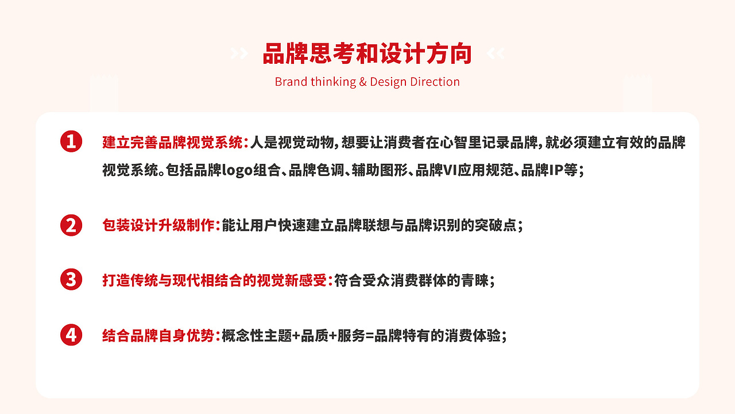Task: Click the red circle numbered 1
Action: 71,141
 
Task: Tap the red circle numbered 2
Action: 71,225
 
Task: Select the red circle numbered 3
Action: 71,280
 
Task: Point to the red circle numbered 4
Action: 71,335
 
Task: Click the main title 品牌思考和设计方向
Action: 367,53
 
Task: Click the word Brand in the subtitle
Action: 291,82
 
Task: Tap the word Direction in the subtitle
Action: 435,82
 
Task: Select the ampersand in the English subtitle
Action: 362,82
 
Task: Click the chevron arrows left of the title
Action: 239,54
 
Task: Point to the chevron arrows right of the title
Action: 496,54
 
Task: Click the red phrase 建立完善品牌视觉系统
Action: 172,142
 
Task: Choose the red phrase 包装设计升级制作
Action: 158,225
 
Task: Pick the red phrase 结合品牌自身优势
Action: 158,336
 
